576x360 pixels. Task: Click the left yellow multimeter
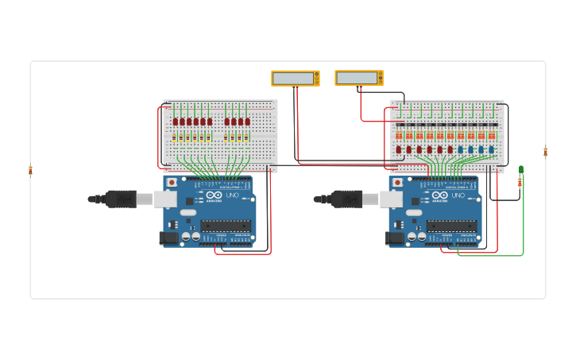(295, 78)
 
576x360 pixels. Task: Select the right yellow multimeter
(359, 78)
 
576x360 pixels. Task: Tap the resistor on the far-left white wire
(31, 170)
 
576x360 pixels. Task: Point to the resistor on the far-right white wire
(546, 152)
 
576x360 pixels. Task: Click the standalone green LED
(521, 169)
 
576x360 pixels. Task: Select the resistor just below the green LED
(520, 183)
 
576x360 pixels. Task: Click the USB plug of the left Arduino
(121, 199)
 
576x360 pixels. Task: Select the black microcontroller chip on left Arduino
(226, 226)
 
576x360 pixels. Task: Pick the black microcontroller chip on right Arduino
(452, 226)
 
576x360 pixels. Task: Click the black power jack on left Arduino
(168, 237)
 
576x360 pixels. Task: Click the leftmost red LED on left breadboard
(175, 122)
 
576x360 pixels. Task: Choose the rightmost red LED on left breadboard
(246, 122)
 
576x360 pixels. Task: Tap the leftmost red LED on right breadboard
(399, 149)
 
